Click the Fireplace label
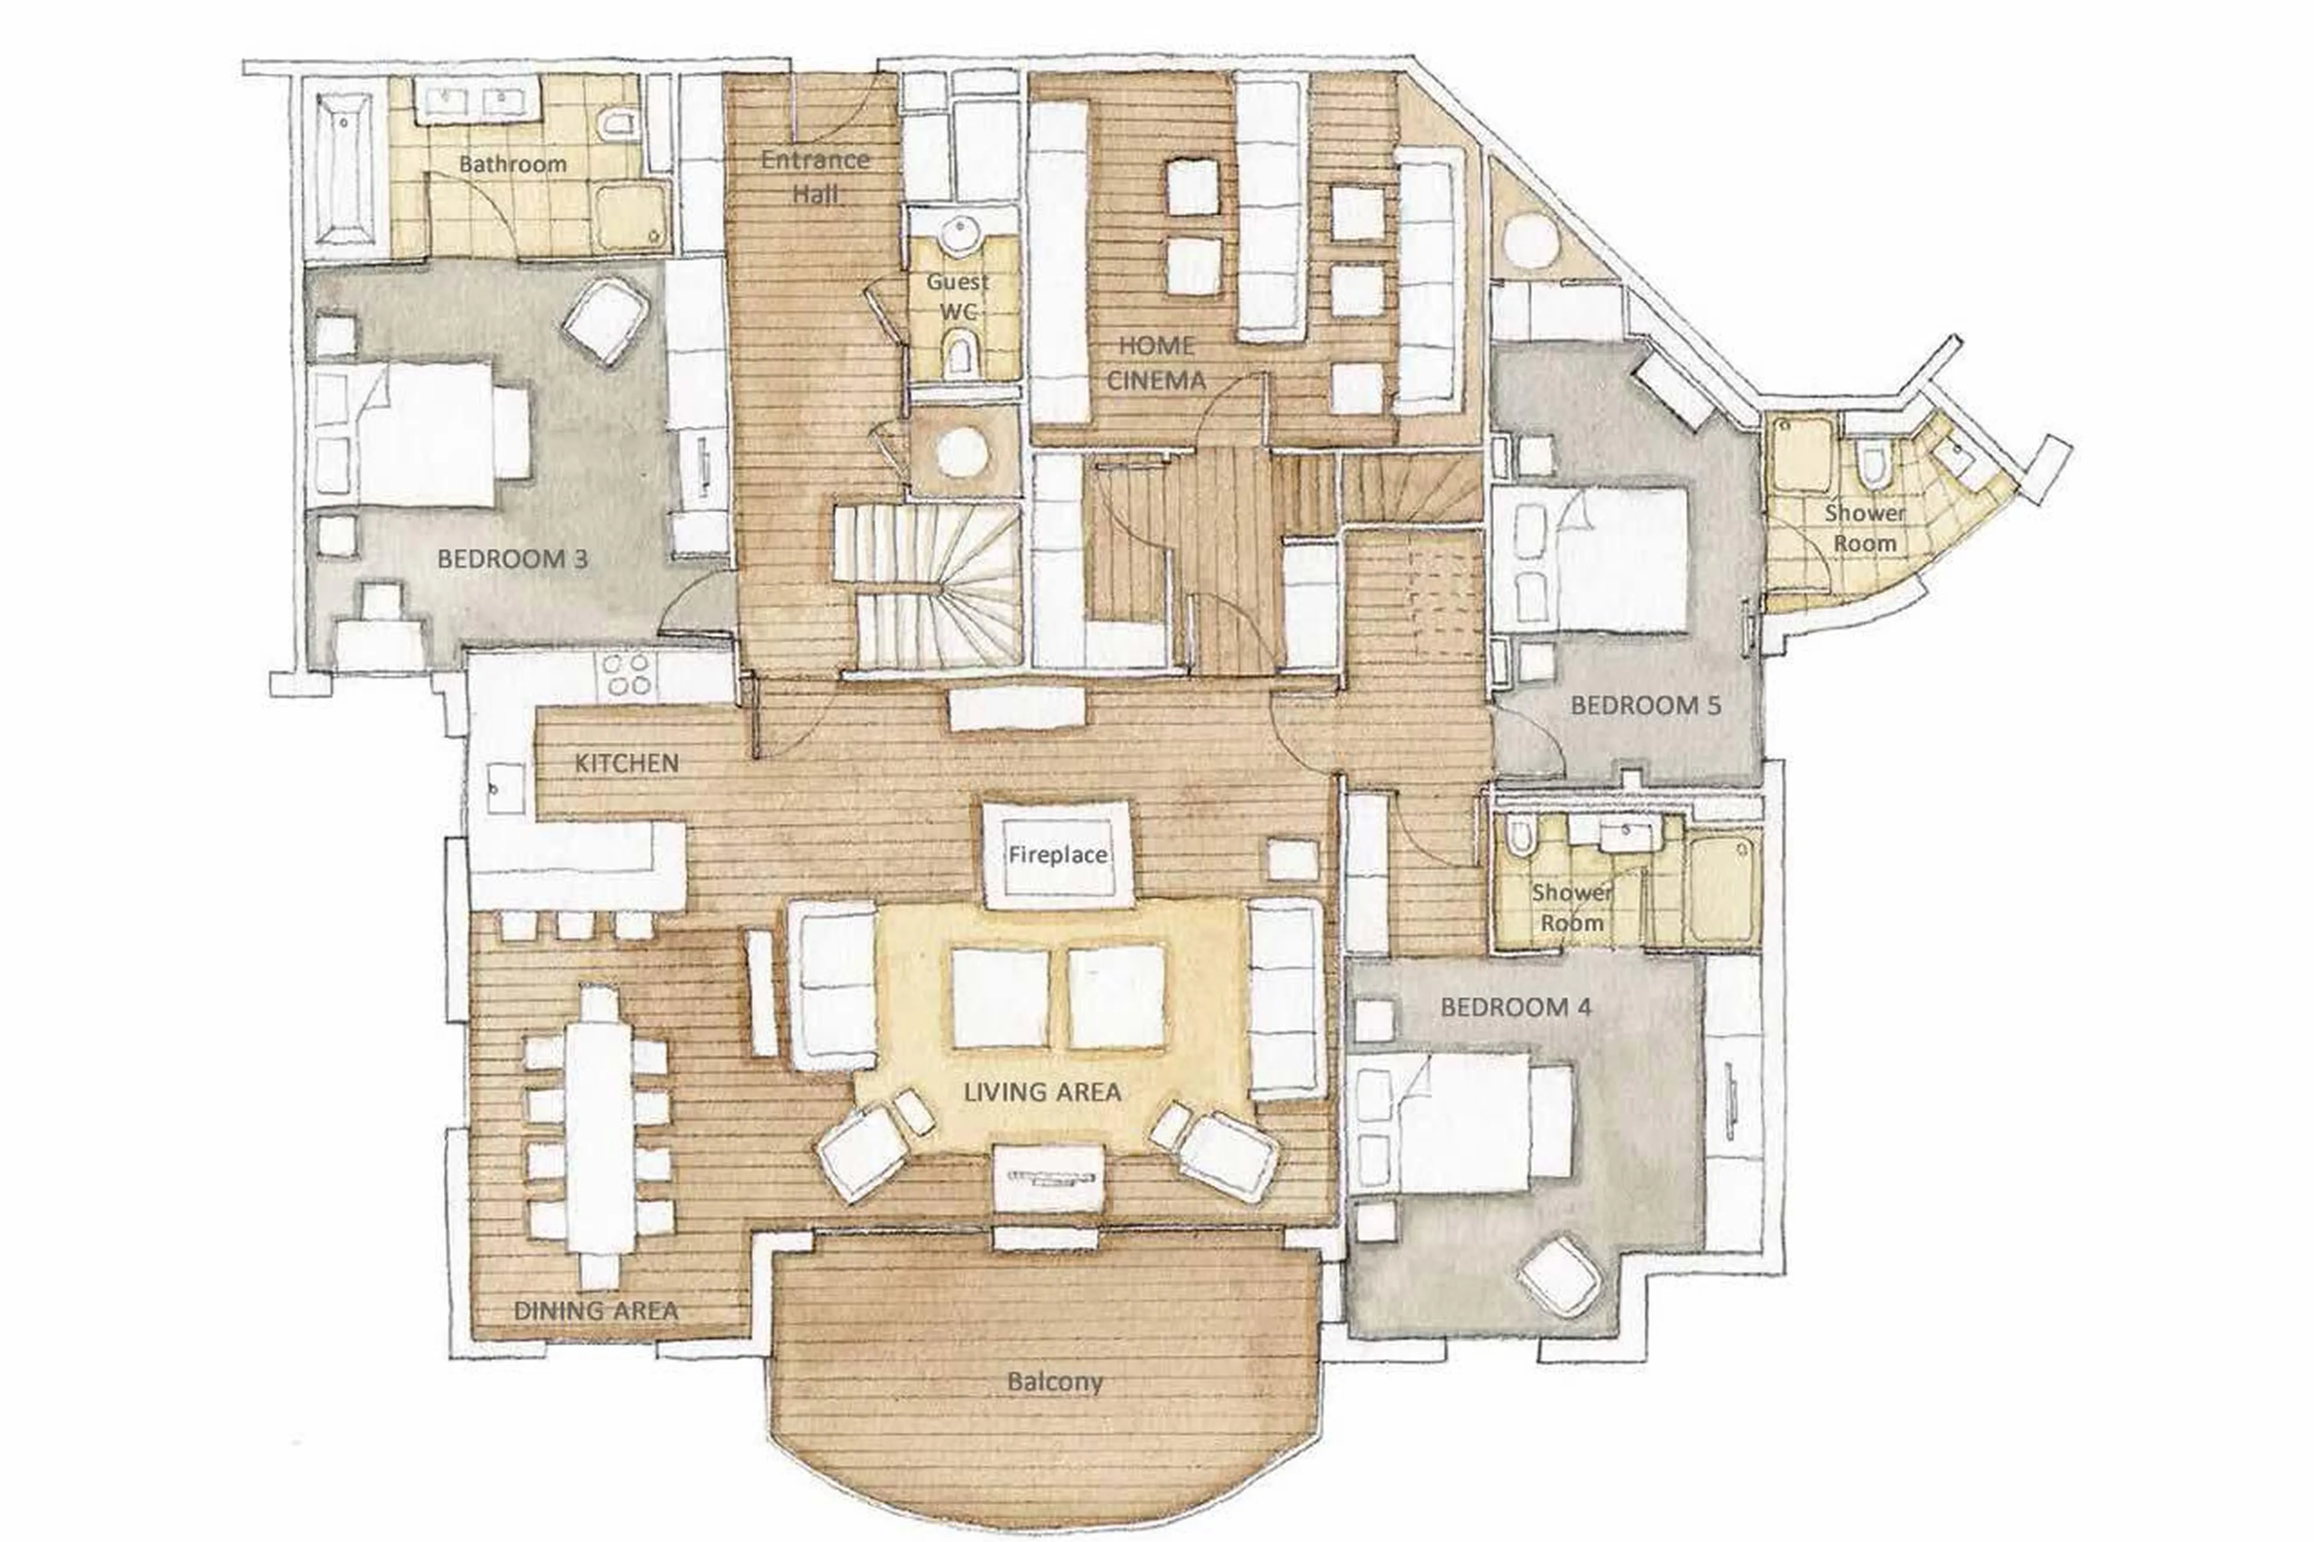1057,854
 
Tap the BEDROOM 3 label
512,559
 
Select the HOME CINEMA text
1156,363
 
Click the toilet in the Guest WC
959,355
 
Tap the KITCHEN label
627,762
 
